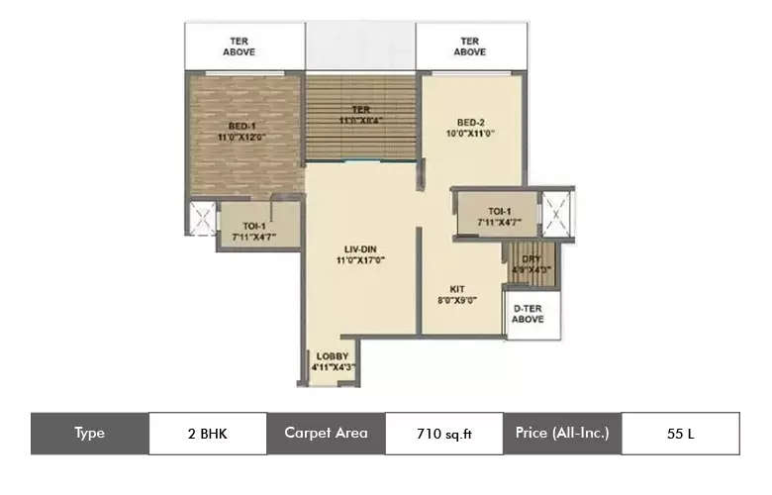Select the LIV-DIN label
click(x=359, y=251)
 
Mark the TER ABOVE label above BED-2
click(x=470, y=46)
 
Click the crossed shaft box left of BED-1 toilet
click(x=202, y=220)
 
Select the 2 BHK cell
click(x=207, y=433)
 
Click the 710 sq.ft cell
click(x=442, y=433)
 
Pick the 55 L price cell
click(x=680, y=433)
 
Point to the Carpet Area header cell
click(x=326, y=433)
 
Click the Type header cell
click(x=89, y=433)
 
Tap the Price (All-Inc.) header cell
click(x=561, y=433)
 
